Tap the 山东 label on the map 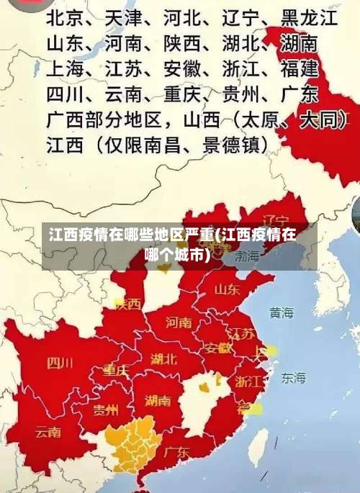pyautogui.click(x=228, y=289)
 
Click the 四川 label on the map pyautogui.click(x=60, y=363)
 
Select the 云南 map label pyautogui.click(x=49, y=433)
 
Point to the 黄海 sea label pyautogui.click(x=282, y=313)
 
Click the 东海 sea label pyautogui.click(x=293, y=377)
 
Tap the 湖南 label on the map pyautogui.click(x=158, y=400)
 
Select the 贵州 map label pyautogui.click(x=106, y=410)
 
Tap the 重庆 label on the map pyautogui.click(x=116, y=370)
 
